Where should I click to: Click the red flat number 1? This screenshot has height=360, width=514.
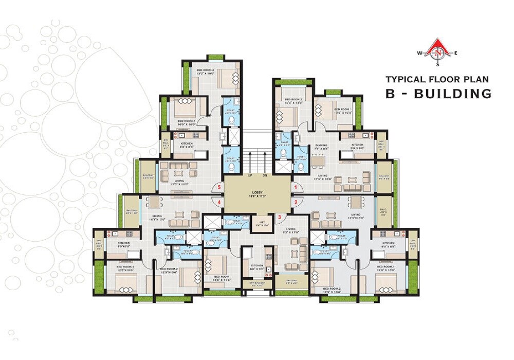point(296,187)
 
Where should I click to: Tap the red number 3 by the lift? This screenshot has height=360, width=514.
point(280,217)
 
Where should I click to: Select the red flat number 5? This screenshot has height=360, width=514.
point(219,187)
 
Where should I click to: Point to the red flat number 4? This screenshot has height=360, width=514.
point(219,202)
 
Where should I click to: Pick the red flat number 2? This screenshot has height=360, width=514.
point(296,202)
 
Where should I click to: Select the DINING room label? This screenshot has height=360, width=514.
point(322,146)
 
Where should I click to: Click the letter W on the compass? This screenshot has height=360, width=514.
point(419,53)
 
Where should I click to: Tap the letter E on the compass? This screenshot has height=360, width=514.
point(456,53)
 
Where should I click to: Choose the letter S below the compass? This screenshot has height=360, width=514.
point(438,65)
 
